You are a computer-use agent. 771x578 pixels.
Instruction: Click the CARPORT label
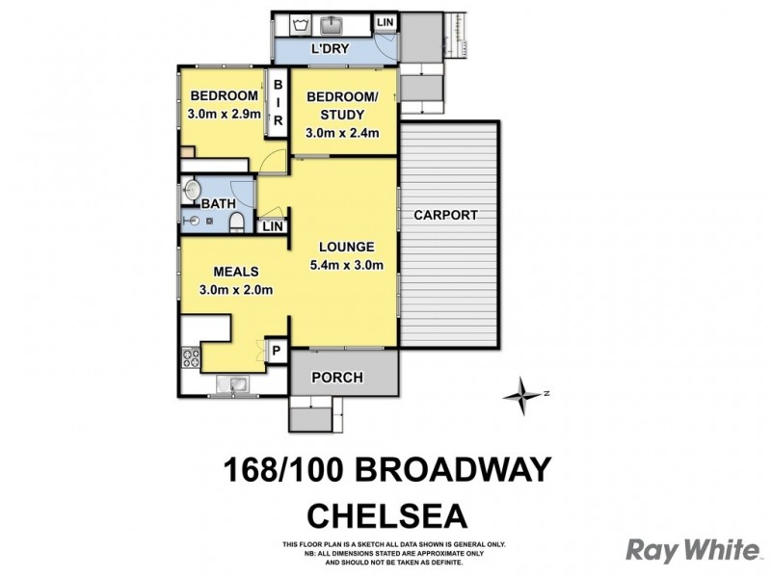pyautogui.click(x=445, y=216)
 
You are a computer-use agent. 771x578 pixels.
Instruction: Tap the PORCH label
pyautogui.click(x=339, y=378)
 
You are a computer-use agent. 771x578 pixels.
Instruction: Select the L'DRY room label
pyautogui.click(x=329, y=50)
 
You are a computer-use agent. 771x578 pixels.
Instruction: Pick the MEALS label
pyautogui.click(x=236, y=271)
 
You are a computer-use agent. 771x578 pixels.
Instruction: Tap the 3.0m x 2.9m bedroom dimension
pyautogui.click(x=224, y=115)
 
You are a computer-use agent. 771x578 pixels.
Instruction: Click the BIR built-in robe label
pyautogui.click(x=278, y=102)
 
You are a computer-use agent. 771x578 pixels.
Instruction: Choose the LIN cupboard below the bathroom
pyautogui.click(x=272, y=226)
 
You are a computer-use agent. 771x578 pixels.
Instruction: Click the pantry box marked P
pyautogui.click(x=277, y=352)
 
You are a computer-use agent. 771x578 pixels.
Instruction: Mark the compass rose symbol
pyautogui.click(x=523, y=392)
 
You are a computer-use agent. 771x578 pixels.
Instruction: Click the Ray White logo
pyautogui.click(x=693, y=550)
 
